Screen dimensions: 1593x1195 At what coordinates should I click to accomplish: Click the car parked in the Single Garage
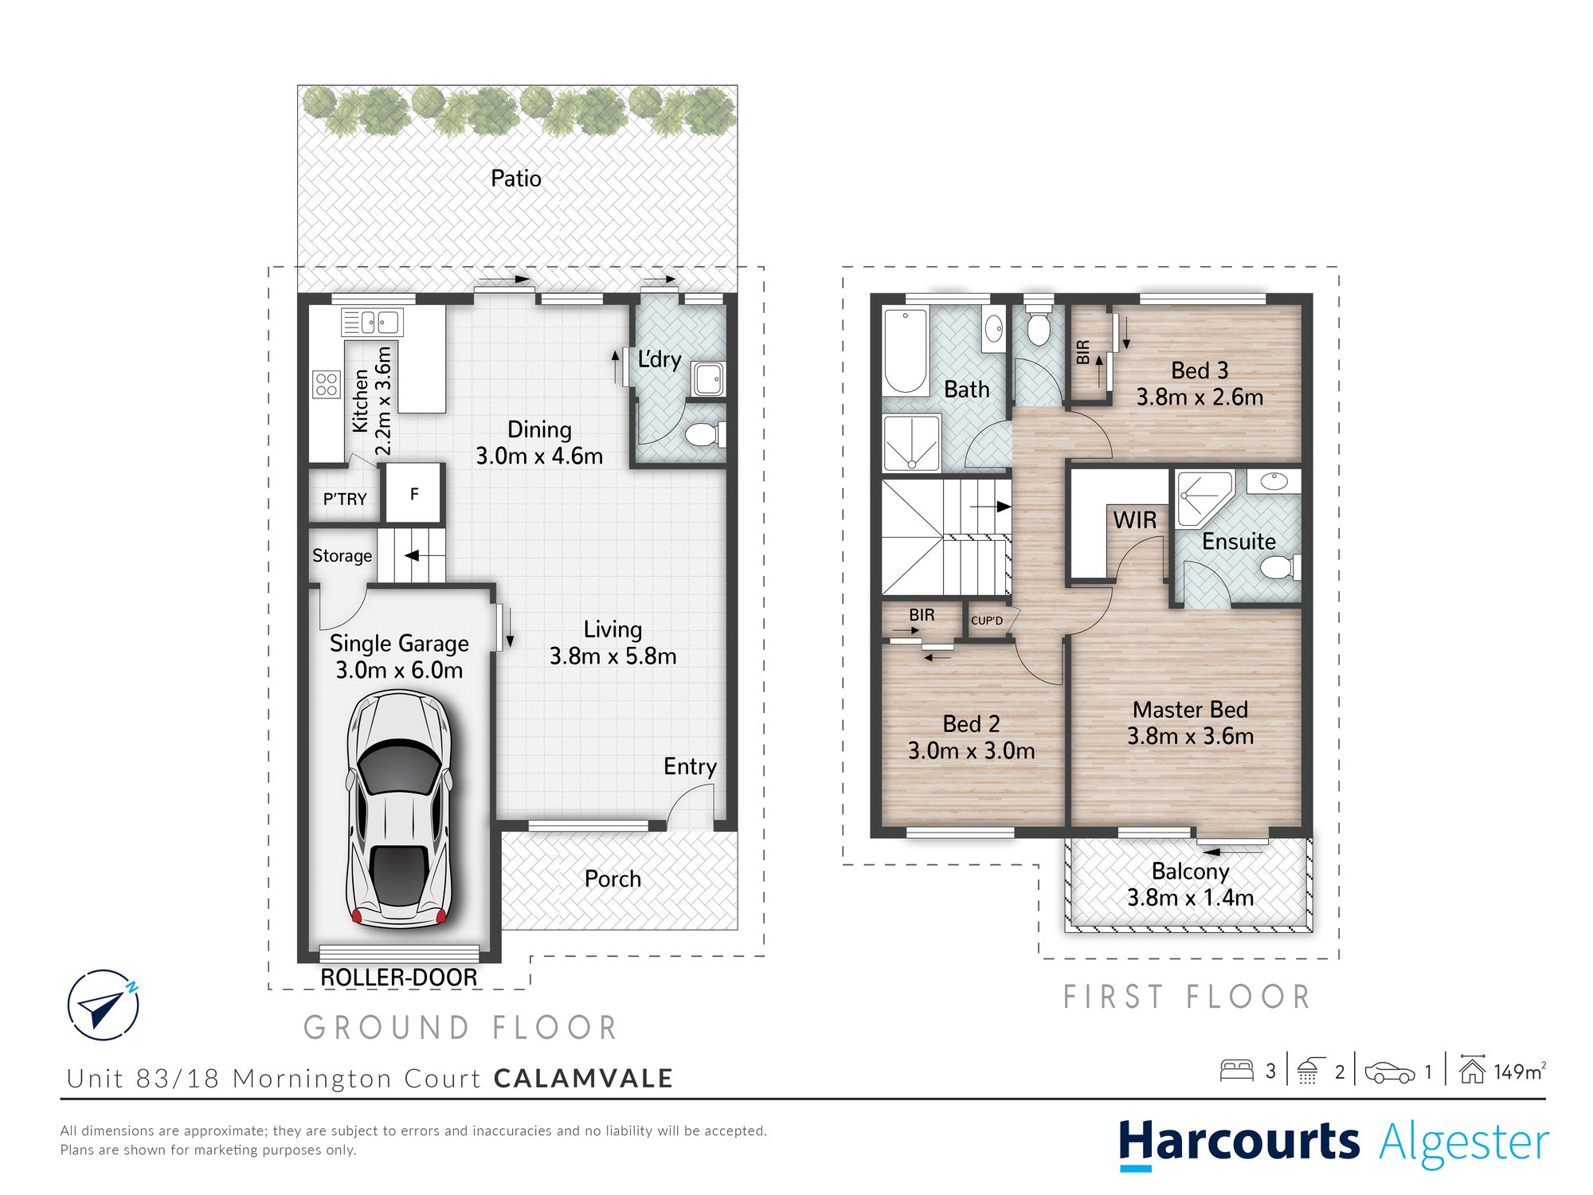pos(400,809)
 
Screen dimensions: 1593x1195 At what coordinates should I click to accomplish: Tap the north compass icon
pos(104,1005)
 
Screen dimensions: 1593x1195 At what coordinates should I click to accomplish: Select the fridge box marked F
pos(414,493)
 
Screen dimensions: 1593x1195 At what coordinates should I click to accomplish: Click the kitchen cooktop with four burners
pos(327,384)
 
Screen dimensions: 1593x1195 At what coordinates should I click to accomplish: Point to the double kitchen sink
pos(372,322)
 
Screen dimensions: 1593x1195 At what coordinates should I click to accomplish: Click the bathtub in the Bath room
pos(906,351)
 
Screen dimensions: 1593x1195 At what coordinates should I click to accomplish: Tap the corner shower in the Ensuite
pos(1204,498)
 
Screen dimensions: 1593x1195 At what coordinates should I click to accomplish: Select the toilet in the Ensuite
pos(1281,567)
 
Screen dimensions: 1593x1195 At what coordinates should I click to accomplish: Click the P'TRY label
pos(345,500)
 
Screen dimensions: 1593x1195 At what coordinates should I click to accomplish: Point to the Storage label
pos(342,555)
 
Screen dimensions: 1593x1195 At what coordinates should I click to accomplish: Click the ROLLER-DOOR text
pos(399,978)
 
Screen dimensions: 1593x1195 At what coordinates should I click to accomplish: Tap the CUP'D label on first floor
pos(987,621)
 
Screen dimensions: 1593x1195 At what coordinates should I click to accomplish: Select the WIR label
pos(1135,520)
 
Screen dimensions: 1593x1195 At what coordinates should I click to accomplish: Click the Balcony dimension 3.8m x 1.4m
pos(1191,898)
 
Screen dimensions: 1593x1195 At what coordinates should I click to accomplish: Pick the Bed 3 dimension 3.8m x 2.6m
pos(1200,397)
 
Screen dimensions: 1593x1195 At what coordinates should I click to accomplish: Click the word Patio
pos(516,178)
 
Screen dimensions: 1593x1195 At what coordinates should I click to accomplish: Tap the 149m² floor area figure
pos(1520,1072)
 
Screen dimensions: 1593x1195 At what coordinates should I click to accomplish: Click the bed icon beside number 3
pos(1237,1070)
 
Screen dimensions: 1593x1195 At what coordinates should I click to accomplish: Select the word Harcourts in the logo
pos(1239,1142)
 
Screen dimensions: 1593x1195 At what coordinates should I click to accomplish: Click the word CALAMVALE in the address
pos(584,1079)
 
